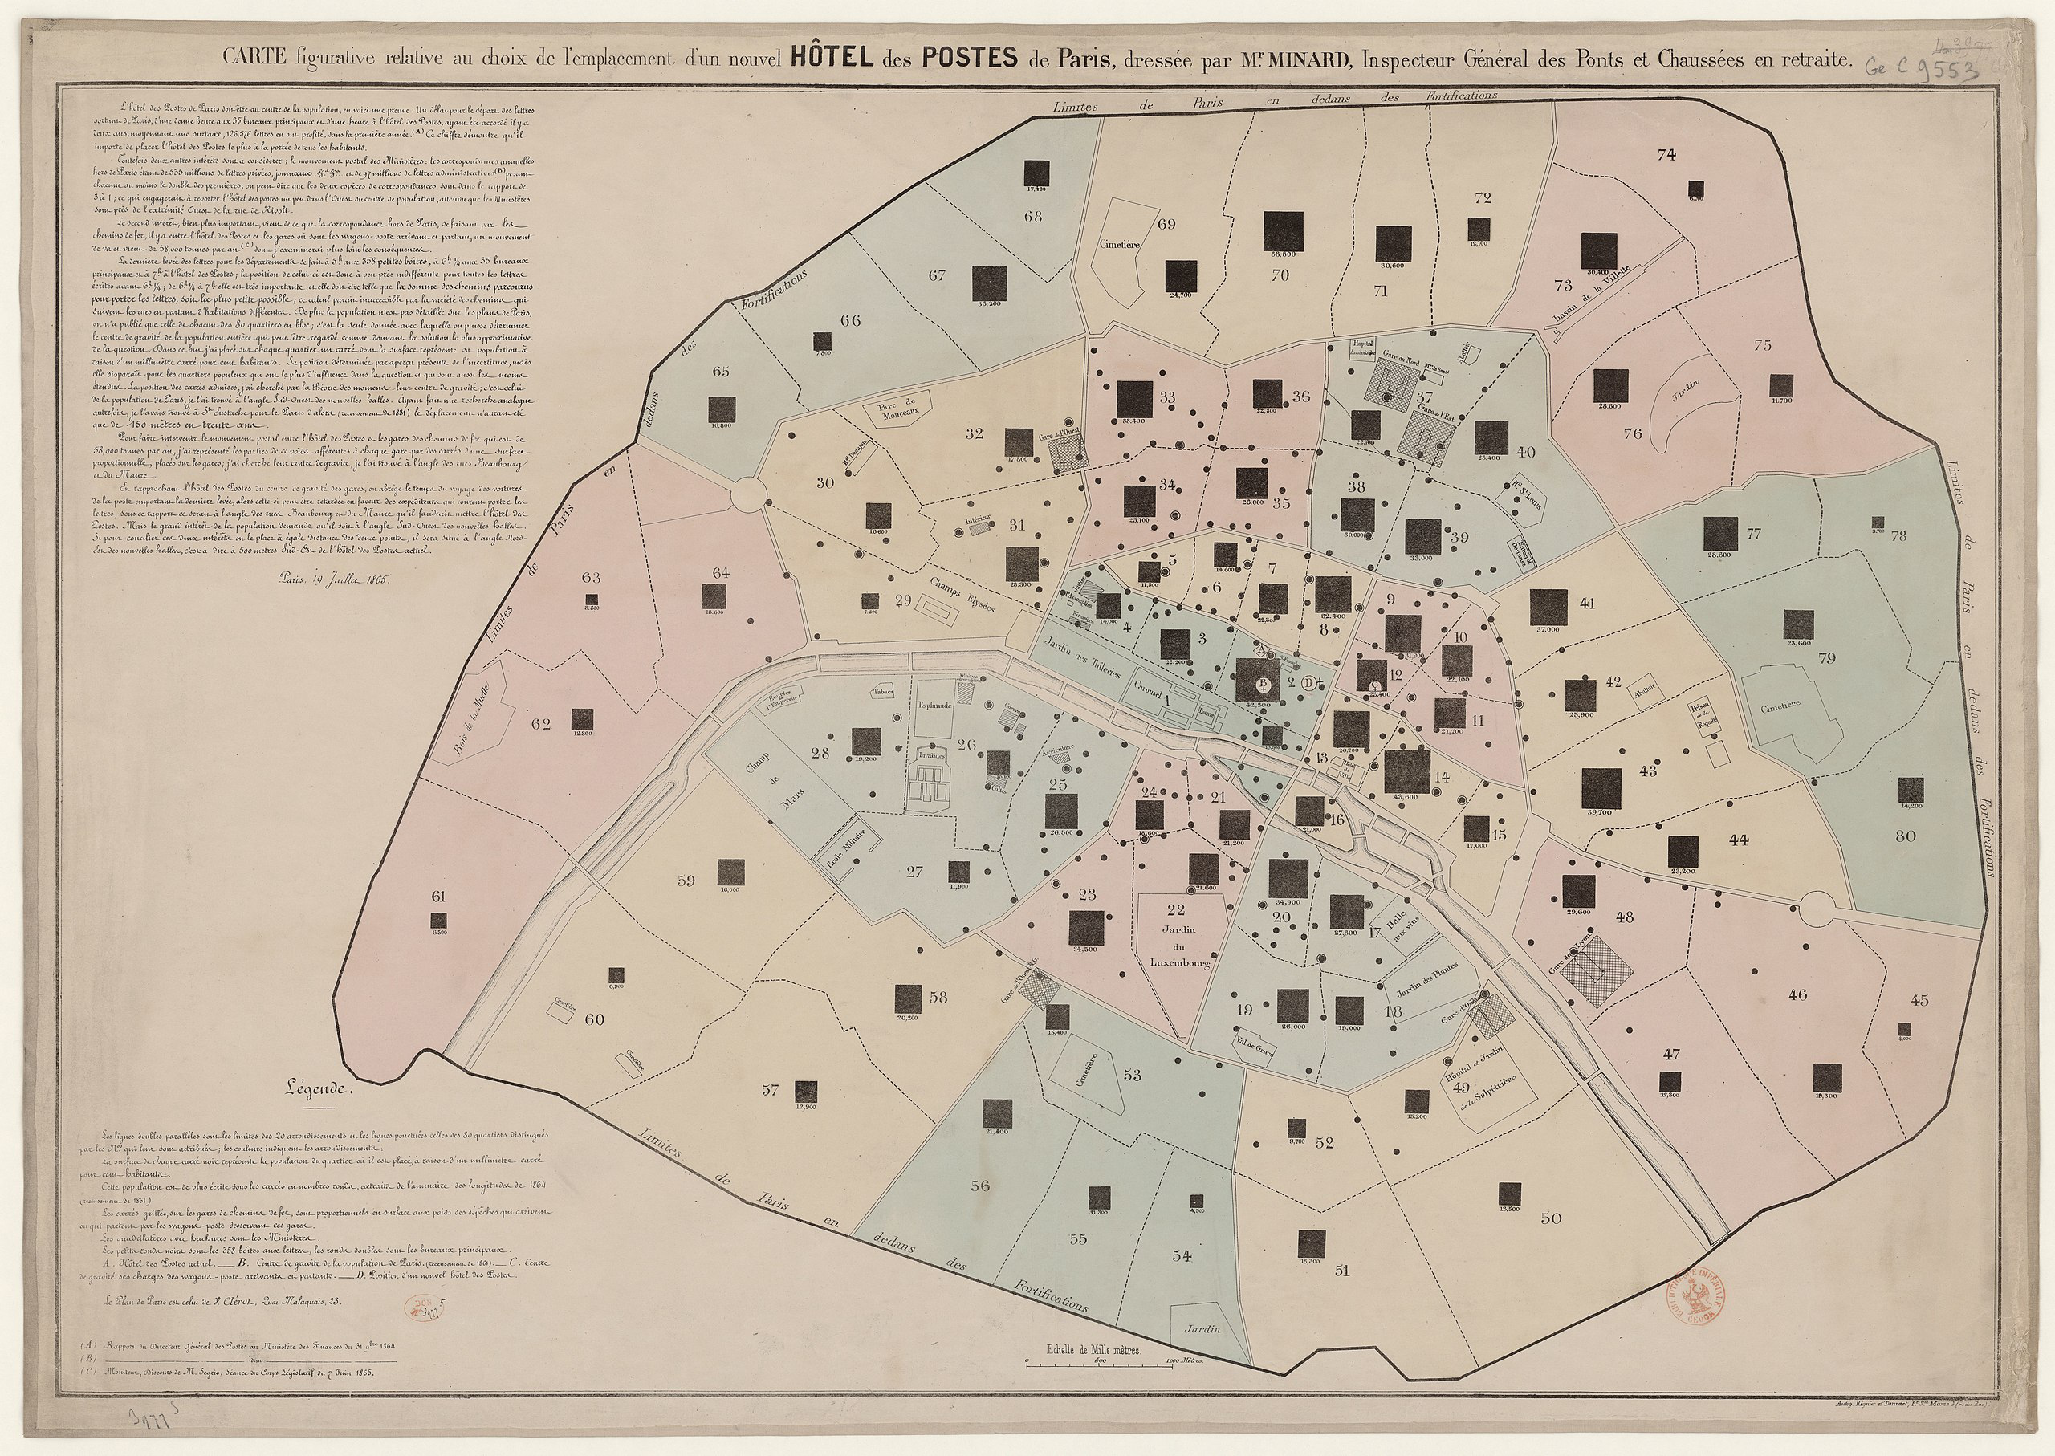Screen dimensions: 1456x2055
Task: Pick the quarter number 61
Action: (x=437, y=896)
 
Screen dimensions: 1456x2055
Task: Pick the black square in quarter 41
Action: (x=1548, y=607)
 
